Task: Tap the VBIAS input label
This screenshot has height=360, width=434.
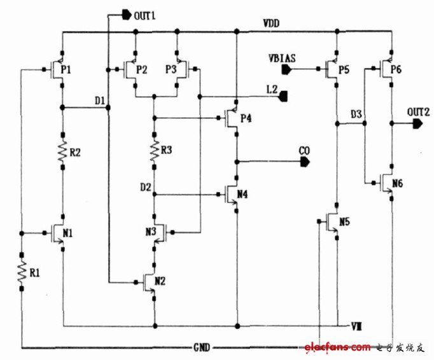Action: [281, 59]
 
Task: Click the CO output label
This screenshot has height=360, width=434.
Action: [305, 151]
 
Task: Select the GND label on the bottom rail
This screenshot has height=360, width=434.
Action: [203, 348]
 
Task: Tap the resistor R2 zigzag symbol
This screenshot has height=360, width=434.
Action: [62, 152]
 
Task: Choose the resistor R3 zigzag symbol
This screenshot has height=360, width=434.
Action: [154, 151]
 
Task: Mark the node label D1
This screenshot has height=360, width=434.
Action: [100, 100]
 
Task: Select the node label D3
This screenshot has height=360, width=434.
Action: [356, 114]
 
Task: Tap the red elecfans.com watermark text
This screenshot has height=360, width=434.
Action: [337, 347]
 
